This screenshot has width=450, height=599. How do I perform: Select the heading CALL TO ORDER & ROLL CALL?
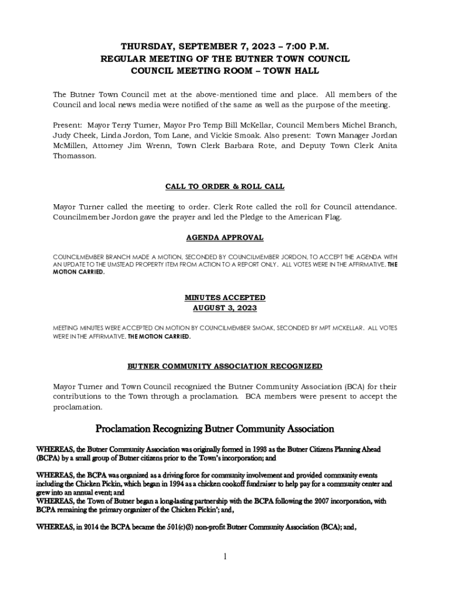point(225,187)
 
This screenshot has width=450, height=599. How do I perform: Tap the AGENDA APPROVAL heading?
point(225,237)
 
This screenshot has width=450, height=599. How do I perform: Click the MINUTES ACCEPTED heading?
point(225,298)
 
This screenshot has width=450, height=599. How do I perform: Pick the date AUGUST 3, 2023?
point(225,308)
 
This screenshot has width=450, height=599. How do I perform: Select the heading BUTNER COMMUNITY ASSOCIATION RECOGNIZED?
point(225,366)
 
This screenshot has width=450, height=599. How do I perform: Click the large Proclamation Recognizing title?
point(214,429)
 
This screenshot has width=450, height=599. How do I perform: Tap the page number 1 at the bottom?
point(225,556)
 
